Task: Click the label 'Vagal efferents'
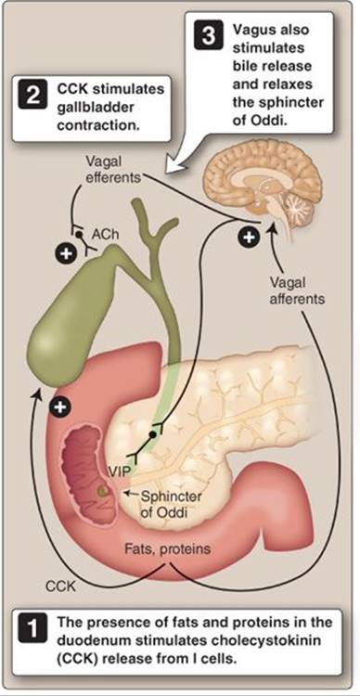click(112, 170)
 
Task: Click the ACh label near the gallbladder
click(104, 235)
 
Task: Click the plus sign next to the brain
click(248, 237)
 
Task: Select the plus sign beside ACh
click(65, 253)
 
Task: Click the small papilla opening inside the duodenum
click(103, 491)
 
